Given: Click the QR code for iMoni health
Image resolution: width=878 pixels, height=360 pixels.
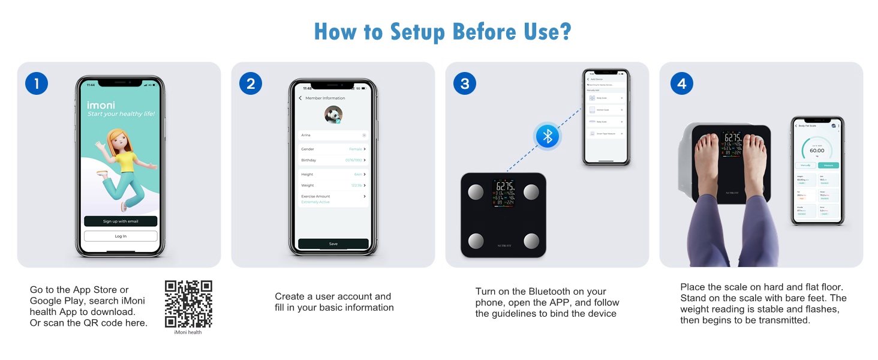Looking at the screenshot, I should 188,304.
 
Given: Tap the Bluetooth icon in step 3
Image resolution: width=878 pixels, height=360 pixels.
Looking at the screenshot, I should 547,136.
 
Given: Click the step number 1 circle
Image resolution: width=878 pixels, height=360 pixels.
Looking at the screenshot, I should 37,84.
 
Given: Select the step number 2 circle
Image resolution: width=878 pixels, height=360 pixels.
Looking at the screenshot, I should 251,84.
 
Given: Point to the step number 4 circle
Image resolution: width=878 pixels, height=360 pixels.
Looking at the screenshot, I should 681,84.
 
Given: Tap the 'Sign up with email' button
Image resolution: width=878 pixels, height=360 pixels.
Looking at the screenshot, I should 121,221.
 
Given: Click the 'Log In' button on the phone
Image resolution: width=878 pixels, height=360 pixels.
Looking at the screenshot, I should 121,236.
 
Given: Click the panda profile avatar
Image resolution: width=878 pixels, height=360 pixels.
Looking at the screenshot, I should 333,115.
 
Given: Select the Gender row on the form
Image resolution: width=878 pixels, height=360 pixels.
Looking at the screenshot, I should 333,149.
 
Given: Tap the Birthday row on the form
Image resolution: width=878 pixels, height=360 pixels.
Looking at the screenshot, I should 333,160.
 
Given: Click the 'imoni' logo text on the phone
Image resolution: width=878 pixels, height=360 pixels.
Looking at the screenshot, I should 101,105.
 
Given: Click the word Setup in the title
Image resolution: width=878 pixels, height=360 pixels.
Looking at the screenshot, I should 425,32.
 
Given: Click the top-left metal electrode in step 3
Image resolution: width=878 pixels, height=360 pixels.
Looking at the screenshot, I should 475,192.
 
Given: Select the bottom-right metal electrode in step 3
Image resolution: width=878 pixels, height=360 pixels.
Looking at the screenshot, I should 531,241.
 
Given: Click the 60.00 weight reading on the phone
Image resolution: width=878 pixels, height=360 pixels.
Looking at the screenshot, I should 817,151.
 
